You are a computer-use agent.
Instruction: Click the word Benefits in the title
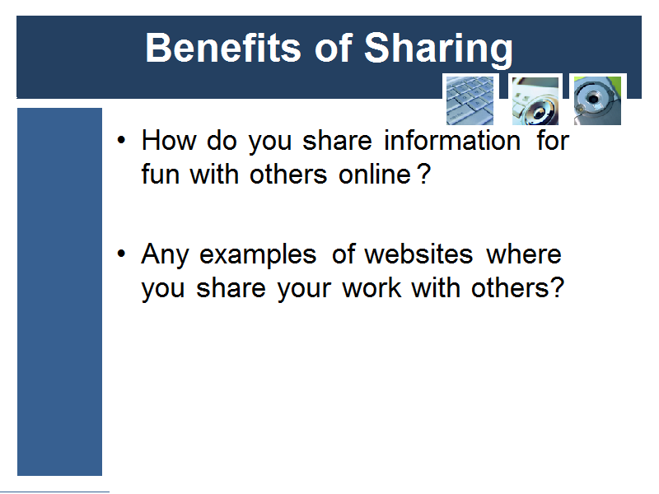[222, 48]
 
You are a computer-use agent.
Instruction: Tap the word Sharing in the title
[438, 49]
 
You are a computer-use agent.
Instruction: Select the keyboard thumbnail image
[470, 100]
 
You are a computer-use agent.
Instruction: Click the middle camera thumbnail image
[535, 100]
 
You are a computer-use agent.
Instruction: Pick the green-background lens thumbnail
[597, 100]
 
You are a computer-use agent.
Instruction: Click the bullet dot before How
[121, 140]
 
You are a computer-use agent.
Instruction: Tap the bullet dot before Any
[121, 254]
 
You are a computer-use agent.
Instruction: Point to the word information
[452, 140]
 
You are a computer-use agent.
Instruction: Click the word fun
[161, 174]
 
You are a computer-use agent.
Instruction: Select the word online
[375, 174]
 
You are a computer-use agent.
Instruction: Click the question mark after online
[424, 174]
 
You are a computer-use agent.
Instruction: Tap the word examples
[258, 255]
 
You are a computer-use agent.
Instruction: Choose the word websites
[418, 254]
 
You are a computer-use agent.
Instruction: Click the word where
[524, 254]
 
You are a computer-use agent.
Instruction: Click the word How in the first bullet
[169, 140]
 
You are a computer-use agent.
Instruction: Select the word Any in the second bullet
[166, 255]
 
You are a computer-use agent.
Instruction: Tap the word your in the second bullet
[304, 290]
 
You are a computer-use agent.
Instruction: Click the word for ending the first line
[553, 140]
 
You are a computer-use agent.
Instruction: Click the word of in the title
[334, 48]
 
